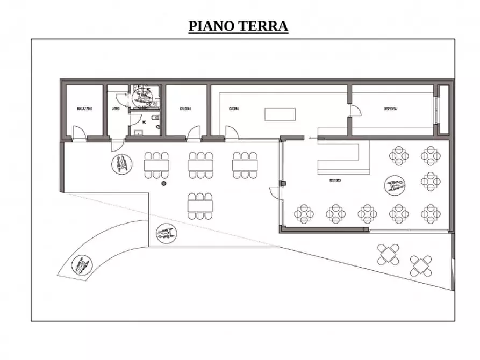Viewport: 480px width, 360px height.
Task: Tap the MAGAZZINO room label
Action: pos(84,109)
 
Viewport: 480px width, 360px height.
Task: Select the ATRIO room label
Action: pos(116,109)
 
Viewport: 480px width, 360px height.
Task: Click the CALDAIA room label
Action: pos(185,109)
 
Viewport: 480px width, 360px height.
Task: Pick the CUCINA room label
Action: pos(233,109)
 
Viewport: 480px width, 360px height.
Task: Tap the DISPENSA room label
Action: pos(390,109)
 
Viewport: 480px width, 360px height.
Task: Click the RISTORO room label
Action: pos(335,181)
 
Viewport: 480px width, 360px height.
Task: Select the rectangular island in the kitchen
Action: pos(280,115)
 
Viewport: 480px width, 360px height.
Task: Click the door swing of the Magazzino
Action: pos(78,132)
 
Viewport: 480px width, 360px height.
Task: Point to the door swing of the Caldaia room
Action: pos(195,132)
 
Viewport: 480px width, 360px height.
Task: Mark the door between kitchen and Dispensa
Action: pos(354,111)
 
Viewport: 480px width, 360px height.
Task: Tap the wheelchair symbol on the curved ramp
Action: pos(82,265)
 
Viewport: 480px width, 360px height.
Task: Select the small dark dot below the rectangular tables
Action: pos(164,184)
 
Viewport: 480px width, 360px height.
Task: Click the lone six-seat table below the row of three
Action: pos(199,204)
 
